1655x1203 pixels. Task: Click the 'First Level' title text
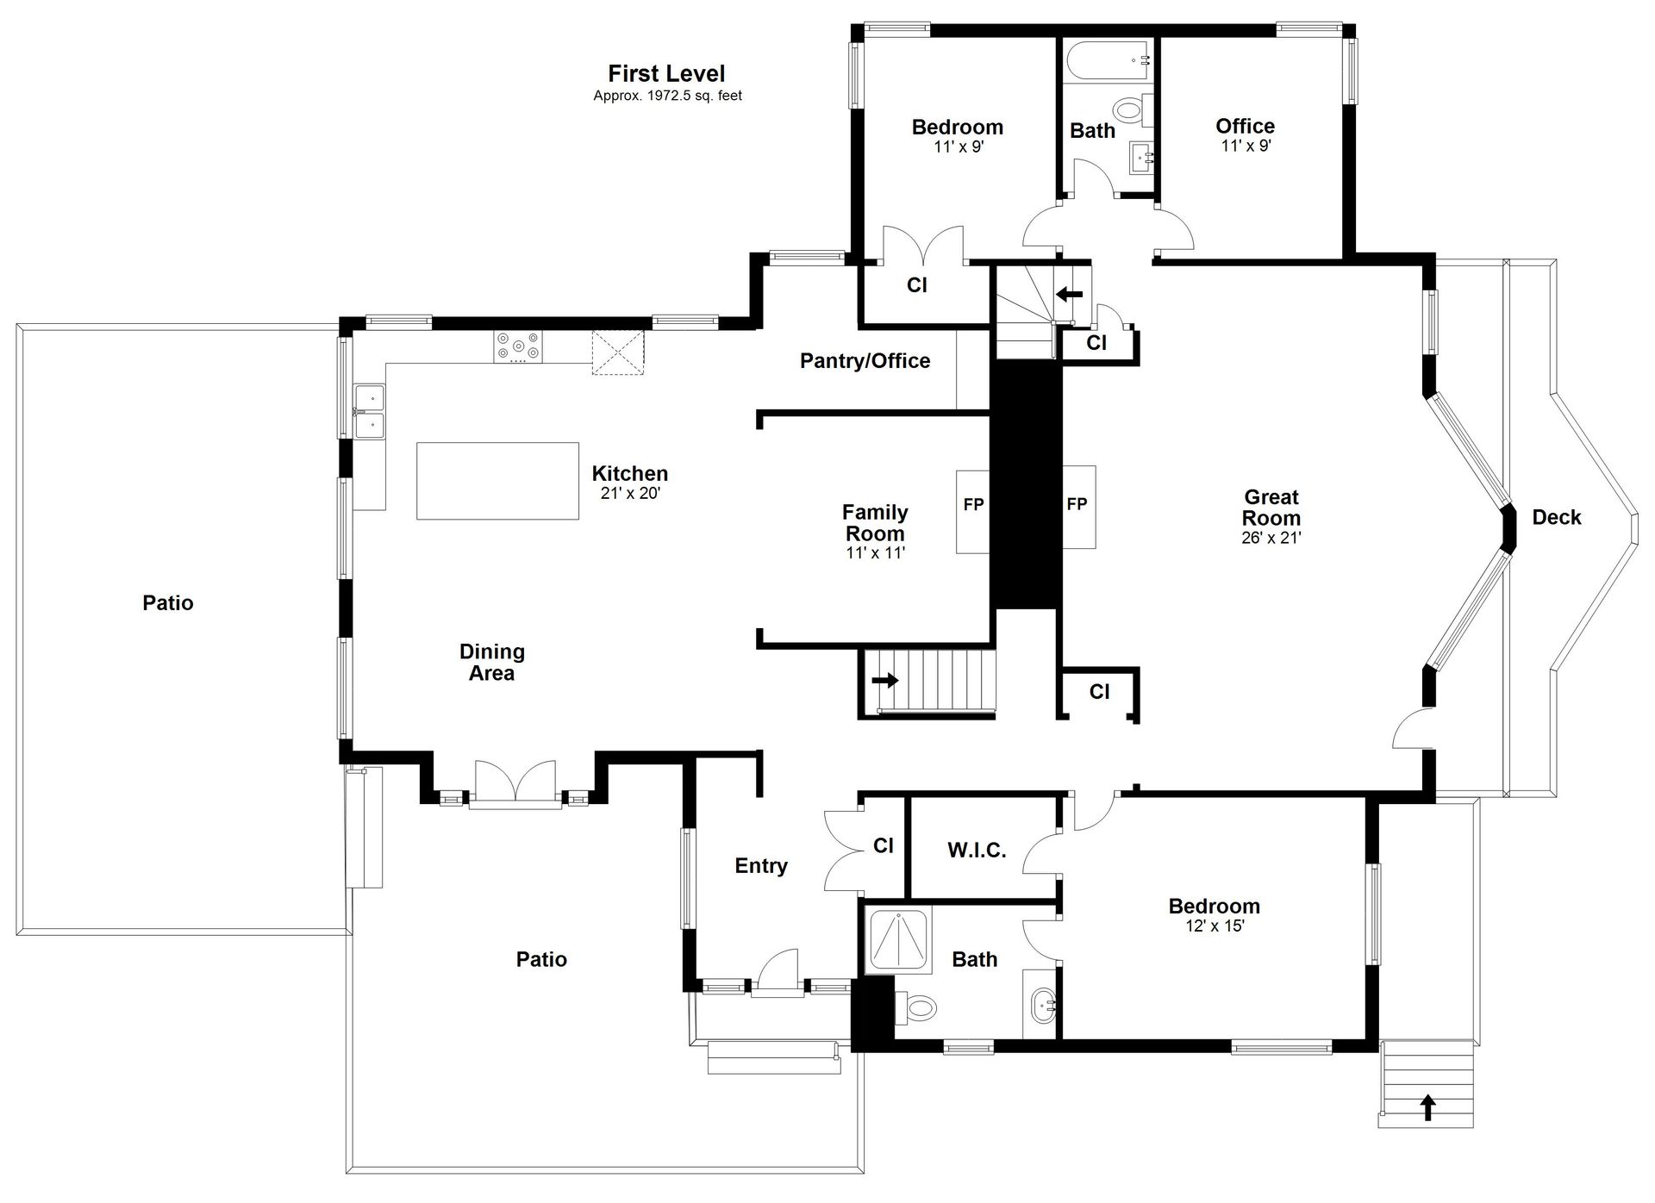click(x=666, y=74)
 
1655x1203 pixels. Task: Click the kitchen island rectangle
click(x=497, y=481)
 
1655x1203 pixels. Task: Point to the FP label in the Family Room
click(x=973, y=504)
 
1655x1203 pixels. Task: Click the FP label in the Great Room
click(x=1077, y=504)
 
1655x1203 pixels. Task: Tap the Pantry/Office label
click(x=865, y=361)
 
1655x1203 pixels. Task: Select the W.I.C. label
click(x=977, y=851)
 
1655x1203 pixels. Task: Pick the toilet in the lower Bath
click(x=915, y=1006)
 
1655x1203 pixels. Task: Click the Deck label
click(x=1557, y=517)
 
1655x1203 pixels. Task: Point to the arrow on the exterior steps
click(x=1428, y=1106)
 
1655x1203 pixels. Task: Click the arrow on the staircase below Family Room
click(x=884, y=680)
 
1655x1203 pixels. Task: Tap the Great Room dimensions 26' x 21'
click(x=1271, y=538)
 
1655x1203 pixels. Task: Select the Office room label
click(x=1245, y=126)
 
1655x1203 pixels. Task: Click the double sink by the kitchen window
click(x=371, y=412)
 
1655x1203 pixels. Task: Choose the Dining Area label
click(x=492, y=663)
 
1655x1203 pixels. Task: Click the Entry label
click(x=761, y=866)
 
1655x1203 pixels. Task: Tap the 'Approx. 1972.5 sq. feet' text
click(x=667, y=96)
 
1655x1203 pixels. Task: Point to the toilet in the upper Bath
click(x=1132, y=109)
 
